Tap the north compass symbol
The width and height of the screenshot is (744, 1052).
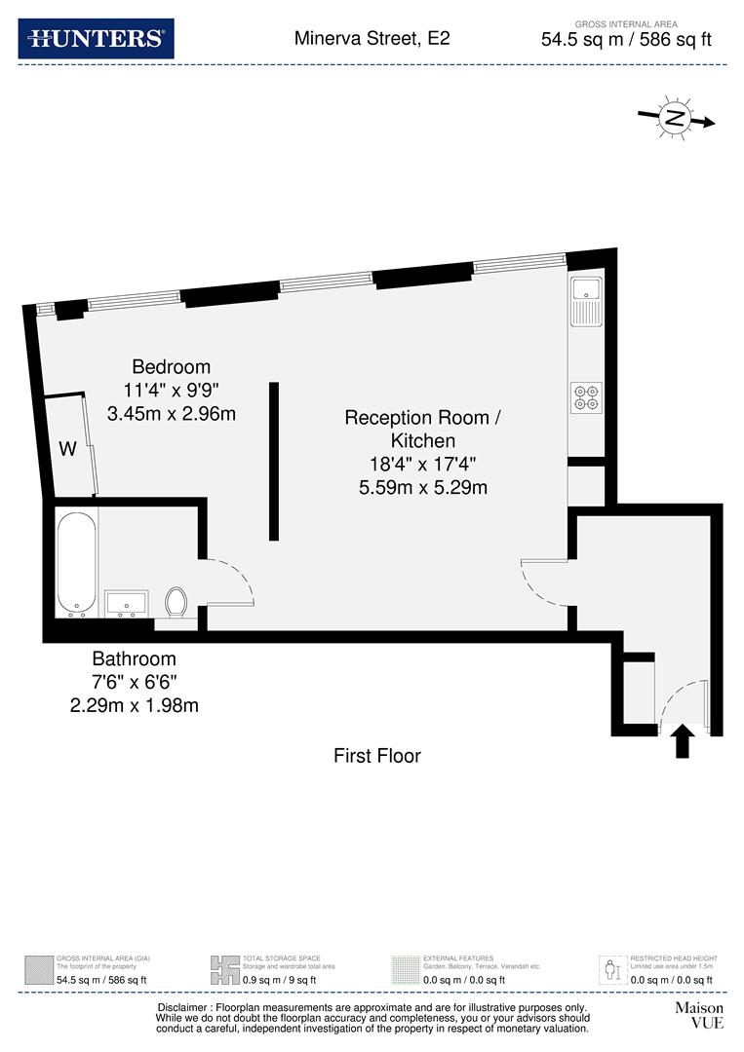(x=674, y=118)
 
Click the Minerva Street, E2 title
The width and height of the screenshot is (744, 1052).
(x=372, y=39)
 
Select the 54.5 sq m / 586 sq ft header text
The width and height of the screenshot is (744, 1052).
(x=627, y=40)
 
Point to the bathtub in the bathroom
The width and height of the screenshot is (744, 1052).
(x=76, y=562)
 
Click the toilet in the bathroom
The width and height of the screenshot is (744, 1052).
(x=176, y=601)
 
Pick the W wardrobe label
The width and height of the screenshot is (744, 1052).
(x=67, y=449)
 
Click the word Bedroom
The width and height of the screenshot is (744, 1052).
(x=172, y=367)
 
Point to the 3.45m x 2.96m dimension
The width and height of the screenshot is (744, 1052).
(x=172, y=413)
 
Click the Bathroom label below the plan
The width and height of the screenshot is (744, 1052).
(x=135, y=658)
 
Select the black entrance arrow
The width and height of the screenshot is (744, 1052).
(x=683, y=741)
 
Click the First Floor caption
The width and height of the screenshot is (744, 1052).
(x=377, y=755)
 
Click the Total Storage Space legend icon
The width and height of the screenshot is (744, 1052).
(x=224, y=969)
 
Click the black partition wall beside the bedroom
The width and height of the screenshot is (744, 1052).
(x=274, y=461)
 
